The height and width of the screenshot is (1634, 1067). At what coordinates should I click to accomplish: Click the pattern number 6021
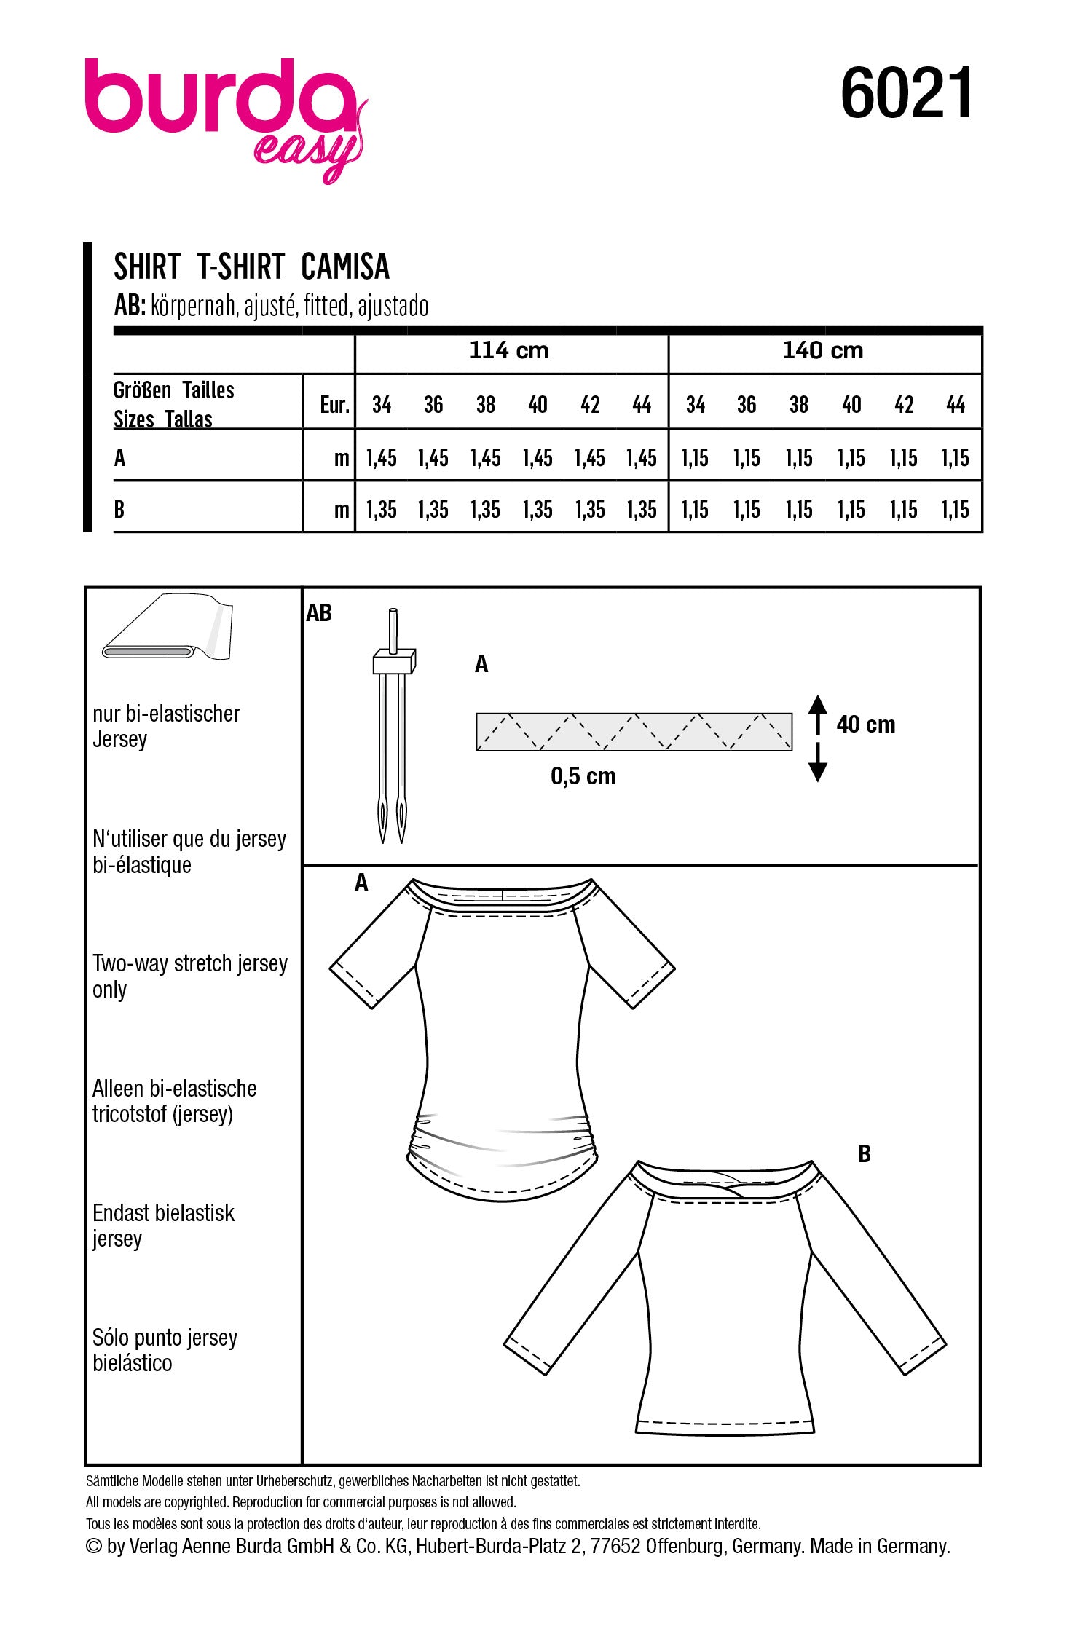(906, 93)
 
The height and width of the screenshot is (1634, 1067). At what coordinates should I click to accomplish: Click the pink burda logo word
(218, 98)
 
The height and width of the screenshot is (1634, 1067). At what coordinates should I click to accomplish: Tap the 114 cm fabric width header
(508, 351)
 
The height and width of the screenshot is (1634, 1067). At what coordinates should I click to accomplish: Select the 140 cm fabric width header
(822, 351)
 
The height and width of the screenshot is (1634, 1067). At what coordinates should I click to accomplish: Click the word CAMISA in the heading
(344, 267)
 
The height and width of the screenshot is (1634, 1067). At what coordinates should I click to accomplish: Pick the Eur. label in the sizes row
(334, 405)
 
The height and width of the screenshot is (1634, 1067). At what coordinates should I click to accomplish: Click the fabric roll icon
(168, 628)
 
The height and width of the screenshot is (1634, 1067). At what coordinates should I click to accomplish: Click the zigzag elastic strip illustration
(634, 732)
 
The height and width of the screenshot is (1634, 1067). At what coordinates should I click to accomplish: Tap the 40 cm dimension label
(865, 725)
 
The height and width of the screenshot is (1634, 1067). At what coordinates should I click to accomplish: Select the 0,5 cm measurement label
(583, 776)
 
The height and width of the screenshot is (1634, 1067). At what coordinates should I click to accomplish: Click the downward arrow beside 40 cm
(818, 765)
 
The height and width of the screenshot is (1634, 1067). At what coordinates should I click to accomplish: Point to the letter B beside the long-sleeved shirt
(865, 1154)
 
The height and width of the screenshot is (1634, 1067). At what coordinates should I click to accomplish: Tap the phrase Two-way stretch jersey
(189, 964)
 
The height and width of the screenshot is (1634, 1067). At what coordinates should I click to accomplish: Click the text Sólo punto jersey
(165, 1338)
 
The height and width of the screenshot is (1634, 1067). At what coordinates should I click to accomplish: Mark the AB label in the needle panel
(319, 613)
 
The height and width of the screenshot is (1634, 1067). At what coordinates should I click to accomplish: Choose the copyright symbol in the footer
(94, 1547)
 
